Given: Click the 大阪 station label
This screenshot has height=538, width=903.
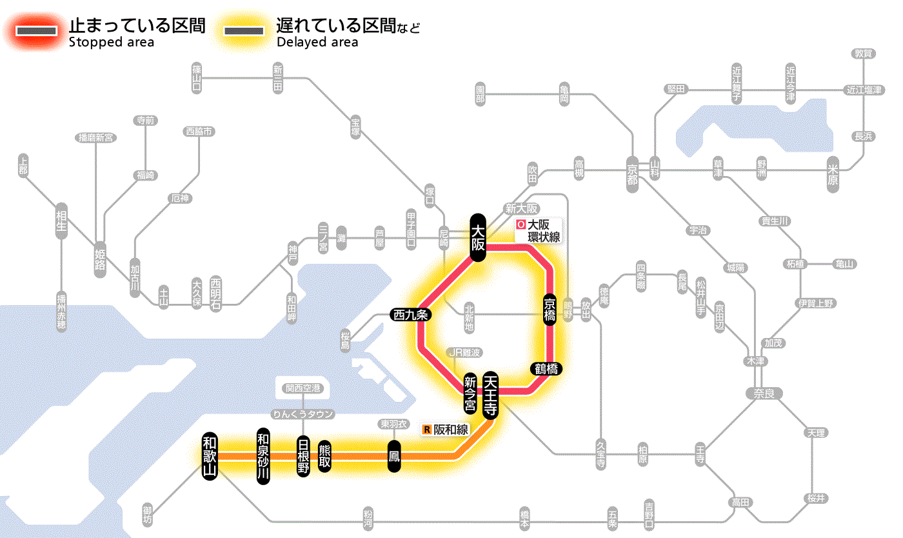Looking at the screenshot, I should click(477, 237).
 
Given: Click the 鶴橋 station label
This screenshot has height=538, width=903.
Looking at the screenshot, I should click(546, 369).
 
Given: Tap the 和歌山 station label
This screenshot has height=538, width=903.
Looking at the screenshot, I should click(209, 455).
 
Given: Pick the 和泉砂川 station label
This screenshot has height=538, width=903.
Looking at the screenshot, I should click(263, 456).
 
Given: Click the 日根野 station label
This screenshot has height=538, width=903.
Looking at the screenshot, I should click(303, 456).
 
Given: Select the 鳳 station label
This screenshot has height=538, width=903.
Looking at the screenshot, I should click(394, 456).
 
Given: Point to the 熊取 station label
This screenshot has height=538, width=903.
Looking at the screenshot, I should click(325, 456).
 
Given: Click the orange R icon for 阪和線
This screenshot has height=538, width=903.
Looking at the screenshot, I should click(426, 429).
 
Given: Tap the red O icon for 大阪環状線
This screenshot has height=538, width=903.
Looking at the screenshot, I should click(521, 225).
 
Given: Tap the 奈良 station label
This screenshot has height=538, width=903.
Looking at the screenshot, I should click(764, 392).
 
